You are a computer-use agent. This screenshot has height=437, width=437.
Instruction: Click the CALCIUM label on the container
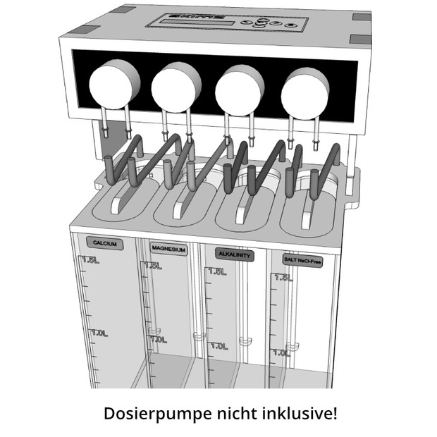coord(104,244)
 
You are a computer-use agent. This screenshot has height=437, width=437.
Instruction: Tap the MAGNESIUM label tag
coord(168,249)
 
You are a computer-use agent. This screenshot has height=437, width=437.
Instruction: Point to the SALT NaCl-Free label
coord(303,259)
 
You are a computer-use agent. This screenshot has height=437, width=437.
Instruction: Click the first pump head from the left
coord(114,84)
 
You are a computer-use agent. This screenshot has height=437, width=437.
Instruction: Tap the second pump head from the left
coord(176,87)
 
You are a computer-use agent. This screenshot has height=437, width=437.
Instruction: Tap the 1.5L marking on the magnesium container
coord(156,266)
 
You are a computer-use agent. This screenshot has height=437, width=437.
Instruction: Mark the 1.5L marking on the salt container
coord(283,278)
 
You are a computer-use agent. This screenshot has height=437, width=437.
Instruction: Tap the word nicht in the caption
coord(236,412)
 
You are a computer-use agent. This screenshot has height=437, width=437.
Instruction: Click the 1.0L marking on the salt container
coord(282,352)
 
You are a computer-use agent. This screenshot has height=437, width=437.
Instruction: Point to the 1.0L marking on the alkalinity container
coord(217,346)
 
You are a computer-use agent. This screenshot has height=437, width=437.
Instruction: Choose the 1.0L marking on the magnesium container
coord(158,339)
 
